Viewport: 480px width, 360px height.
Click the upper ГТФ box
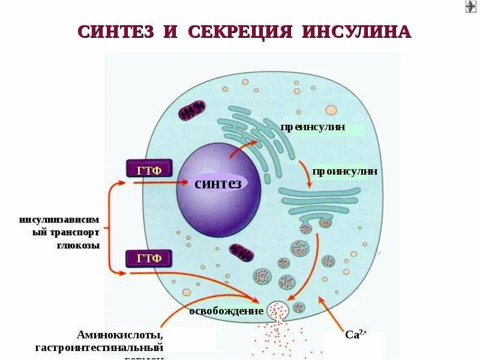(x=149, y=170)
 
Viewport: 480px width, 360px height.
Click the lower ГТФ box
(x=149, y=259)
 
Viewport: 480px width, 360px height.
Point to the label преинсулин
(x=313, y=128)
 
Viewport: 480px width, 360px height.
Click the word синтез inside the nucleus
(x=218, y=183)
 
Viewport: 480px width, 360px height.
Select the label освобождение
(x=226, y=311)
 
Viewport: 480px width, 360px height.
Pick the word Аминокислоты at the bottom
(x=120, y=335)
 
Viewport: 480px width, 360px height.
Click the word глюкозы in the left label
(x=82, y=245)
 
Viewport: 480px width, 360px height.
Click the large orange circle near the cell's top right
(x=331, y=110)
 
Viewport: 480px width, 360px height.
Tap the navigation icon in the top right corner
(x=470, y=7)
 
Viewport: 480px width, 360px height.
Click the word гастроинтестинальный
(x=100, y=347)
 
